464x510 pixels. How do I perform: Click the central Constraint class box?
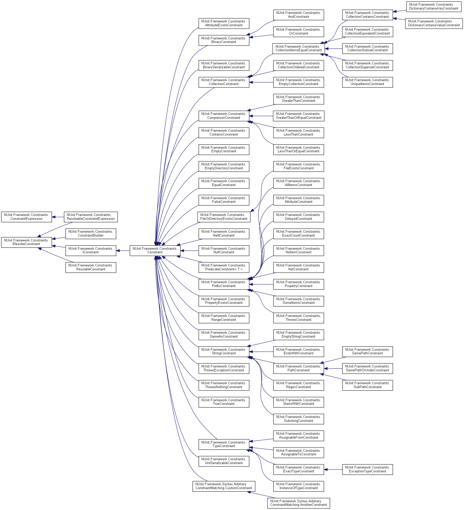155,250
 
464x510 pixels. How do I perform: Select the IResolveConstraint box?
26,242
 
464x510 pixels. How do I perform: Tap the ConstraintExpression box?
26,217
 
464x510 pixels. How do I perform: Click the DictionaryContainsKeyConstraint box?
434,6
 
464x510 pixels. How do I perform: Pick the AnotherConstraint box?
298,503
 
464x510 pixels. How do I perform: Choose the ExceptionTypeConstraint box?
367,469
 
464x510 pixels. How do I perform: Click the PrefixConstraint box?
224,284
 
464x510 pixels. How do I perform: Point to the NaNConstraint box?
224,233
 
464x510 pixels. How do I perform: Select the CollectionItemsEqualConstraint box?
298,48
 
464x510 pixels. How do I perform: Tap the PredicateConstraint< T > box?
224,267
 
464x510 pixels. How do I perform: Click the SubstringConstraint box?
298,419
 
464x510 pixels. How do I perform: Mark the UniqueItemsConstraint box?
367,82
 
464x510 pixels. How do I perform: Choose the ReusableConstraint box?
91,267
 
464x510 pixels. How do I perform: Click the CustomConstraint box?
224,486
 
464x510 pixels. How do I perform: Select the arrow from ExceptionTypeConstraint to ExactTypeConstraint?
333,470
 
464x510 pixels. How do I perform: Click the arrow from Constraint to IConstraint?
123,250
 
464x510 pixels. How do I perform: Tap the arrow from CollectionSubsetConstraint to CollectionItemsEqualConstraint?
334,49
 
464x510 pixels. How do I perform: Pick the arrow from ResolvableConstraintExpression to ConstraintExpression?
58,217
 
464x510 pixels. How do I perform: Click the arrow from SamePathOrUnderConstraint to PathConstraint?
333,369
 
